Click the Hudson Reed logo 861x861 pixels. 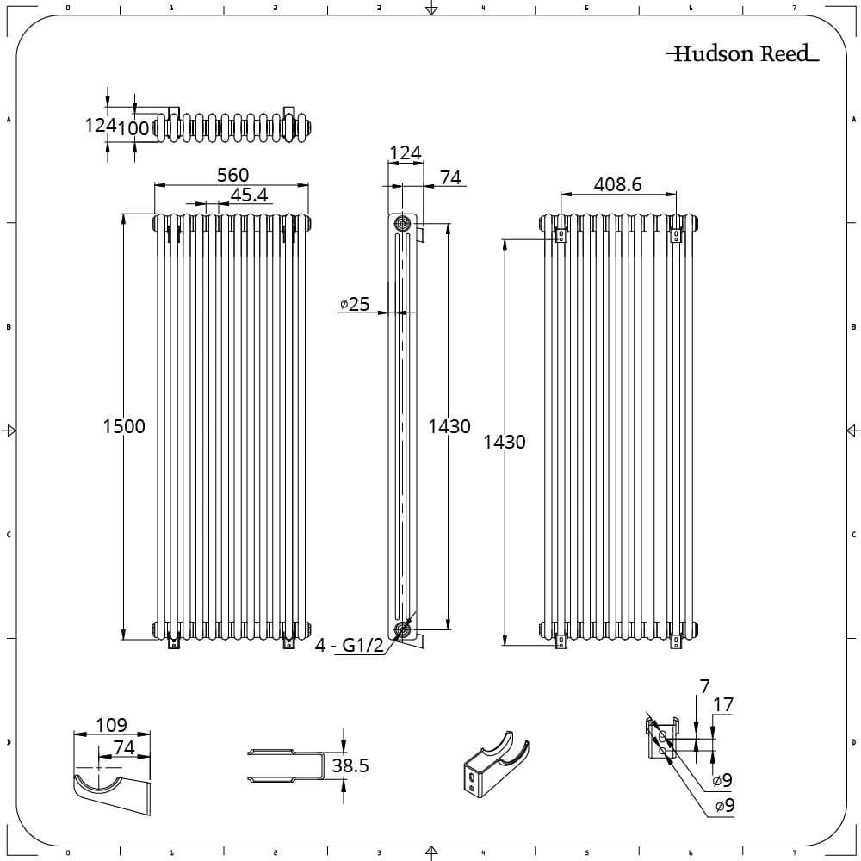coord(742,53)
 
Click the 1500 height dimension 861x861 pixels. coord(124,427)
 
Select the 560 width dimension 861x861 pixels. coord(232,175)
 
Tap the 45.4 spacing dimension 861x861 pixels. coord(249,195)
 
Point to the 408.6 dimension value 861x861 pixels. coord(617,184)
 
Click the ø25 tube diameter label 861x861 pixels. coord(355,304)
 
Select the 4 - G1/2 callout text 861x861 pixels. coord(350,645)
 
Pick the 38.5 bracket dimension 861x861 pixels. coord(350,765)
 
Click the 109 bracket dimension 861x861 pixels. coord(111,725)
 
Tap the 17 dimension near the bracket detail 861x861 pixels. coord(723,704)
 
